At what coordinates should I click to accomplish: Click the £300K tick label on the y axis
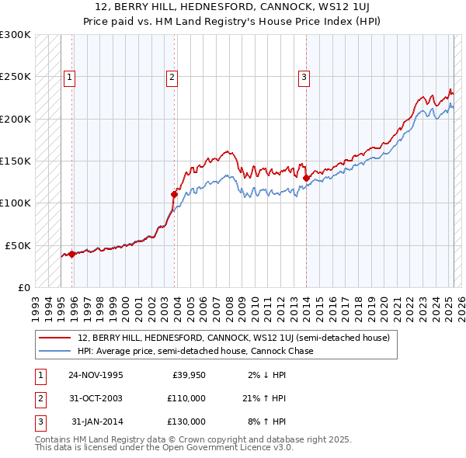[x=16, y=35]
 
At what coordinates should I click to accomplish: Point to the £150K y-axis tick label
[x=16, y=161]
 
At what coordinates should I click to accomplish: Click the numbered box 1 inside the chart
[x=70, y=76]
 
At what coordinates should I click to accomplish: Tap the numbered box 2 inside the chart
[x=171, y=76]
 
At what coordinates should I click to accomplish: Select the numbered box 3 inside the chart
[x=304, y=76]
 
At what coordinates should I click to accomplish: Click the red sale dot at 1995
[x=71, y=254]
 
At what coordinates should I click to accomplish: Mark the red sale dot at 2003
[x=174, y=194]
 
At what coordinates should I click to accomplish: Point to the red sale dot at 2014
[x=306, y=178]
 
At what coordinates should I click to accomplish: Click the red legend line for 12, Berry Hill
[x=54, y=338]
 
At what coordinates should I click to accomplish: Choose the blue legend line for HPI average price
[x=54, y=351]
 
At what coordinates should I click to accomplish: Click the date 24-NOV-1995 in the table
[x=96, y=375]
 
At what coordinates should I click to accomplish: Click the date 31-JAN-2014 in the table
[x=96, y=422]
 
